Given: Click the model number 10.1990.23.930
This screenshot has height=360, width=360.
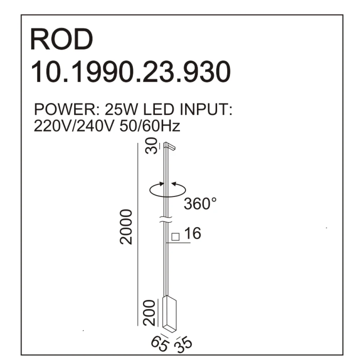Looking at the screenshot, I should click(130, 72).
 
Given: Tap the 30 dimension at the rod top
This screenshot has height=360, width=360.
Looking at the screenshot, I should click(154, 146).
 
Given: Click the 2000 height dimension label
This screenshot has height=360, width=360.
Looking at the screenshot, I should click(127, 226).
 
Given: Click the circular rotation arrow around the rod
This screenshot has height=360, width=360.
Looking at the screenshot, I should click(168, 190).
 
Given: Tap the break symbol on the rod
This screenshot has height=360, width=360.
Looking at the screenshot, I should click(165, 219).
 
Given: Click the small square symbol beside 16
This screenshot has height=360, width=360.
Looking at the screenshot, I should click(176, 237).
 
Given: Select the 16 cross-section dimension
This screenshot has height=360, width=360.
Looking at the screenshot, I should click(192, 234).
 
